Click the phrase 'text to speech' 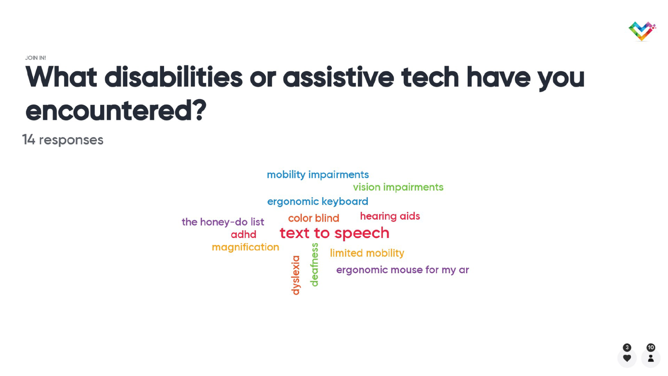[x=334, y=233]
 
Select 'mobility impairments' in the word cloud [x=318, y=175]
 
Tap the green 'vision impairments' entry [x=398, y=187]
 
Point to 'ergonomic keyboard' [x=318, y=201]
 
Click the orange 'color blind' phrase [x=314, y=218]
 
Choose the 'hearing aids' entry [x=390, y=216]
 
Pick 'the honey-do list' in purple [x=223, y=222]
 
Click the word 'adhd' [x=243, y=234]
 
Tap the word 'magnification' [x=245, y=247]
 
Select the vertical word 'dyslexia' [x=296, y=275]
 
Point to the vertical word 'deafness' [x=315, y=265]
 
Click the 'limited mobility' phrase [x=367, y=253]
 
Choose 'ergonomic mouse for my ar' [x=402, y=270]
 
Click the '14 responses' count [x=63, y=140]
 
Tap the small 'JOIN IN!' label [x=35, y=58]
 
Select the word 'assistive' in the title [x=339, y=77]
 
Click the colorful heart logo [x=642, y=31]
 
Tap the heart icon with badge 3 [x=627, y=358]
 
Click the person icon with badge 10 [x=651, y=358]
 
